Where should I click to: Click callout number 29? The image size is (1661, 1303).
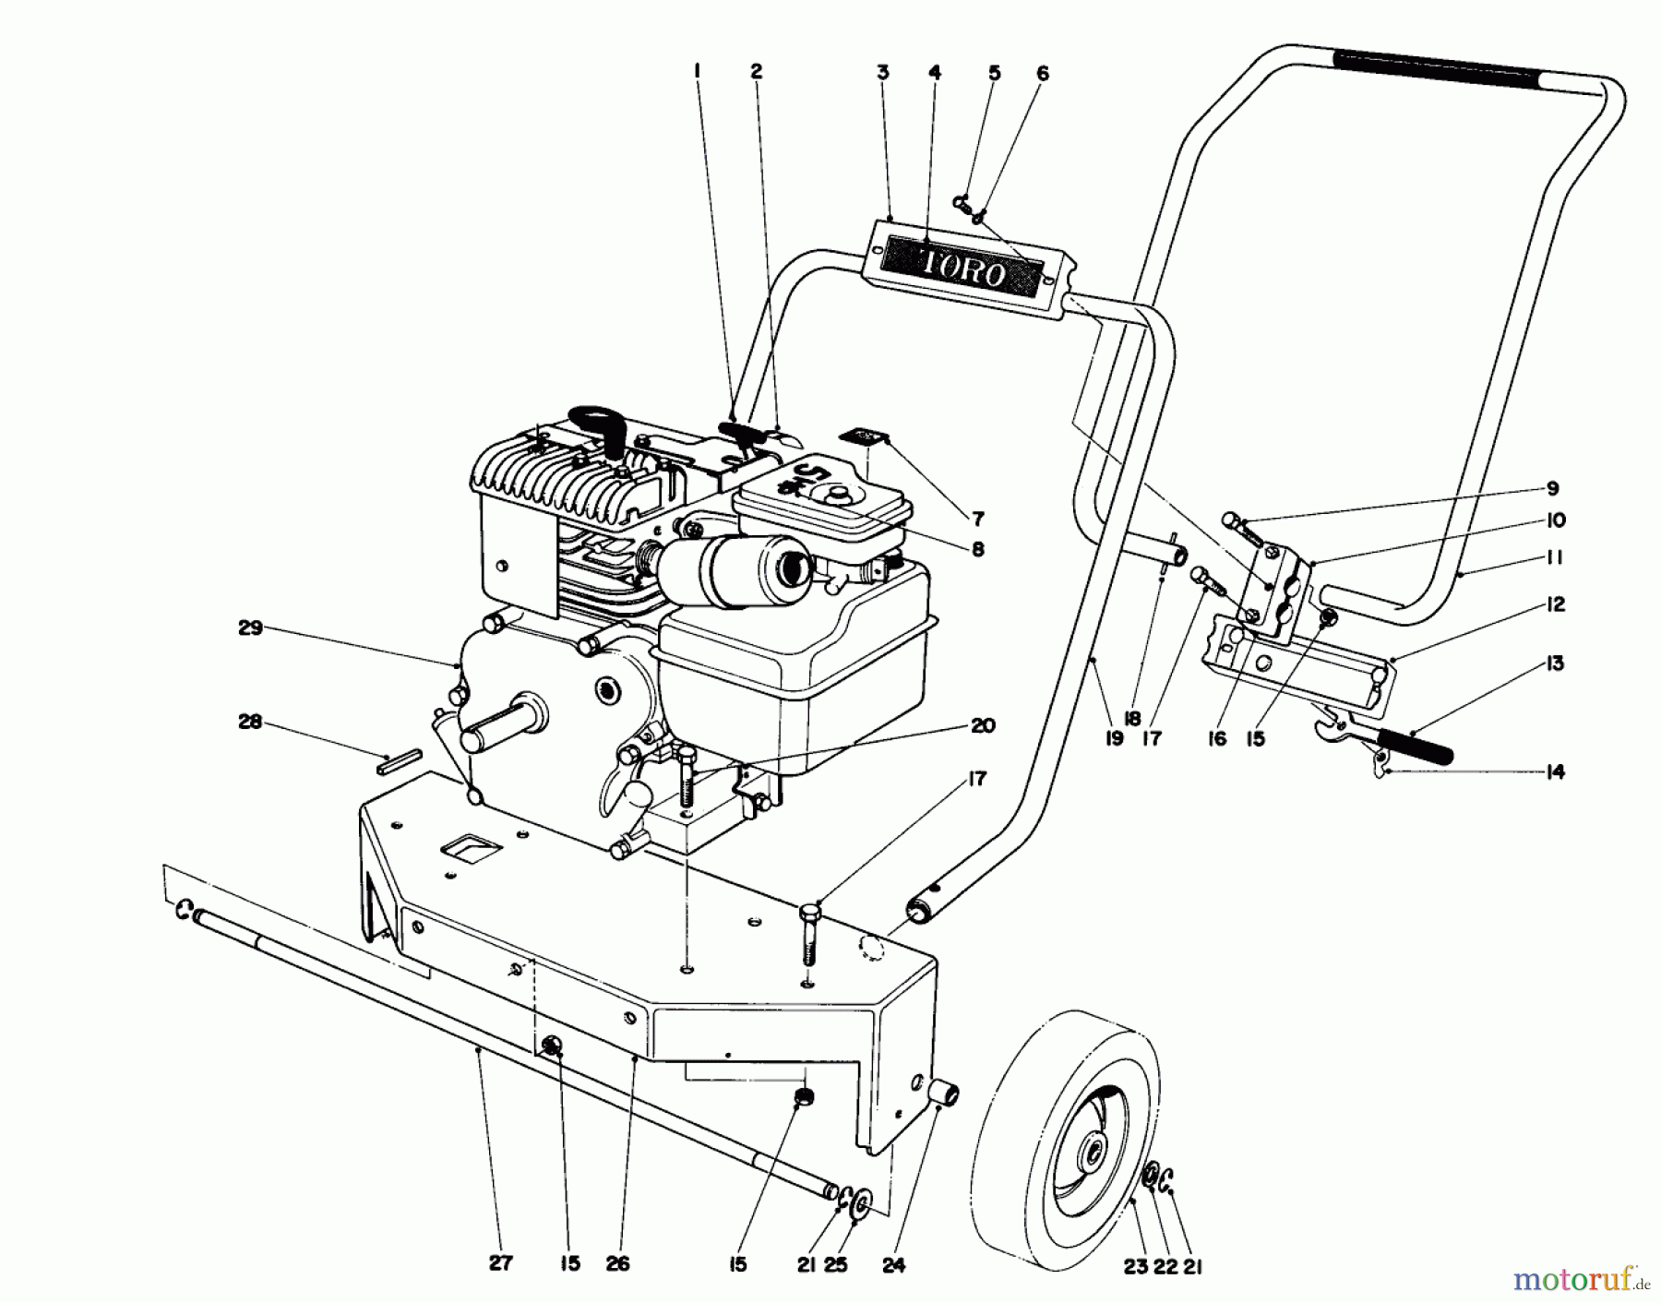click(251, 628)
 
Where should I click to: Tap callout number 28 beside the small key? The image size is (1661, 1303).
click(250, 723)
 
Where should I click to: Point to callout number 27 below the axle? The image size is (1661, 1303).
click(499, 1263)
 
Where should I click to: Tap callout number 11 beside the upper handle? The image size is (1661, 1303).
click(1555, 557)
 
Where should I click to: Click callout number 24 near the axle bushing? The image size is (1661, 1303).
click(893, 1263)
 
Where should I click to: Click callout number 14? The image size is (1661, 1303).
click(1555, 771)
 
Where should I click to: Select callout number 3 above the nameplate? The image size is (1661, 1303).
click(883, 72)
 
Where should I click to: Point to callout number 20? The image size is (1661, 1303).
click(983, 725)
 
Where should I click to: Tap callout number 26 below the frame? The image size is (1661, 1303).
click(617, 1263)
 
